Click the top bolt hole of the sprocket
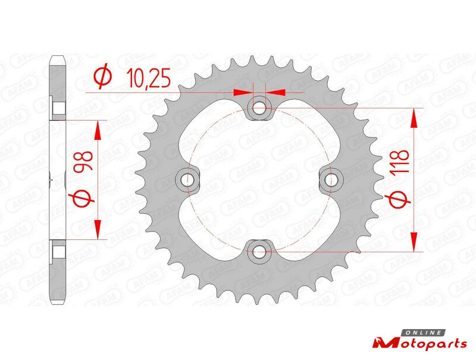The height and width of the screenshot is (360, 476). (x=259, y=108)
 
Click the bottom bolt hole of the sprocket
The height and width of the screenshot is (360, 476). (x=259, y=251)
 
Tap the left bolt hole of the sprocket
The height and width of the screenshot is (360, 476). (x=187, y=180)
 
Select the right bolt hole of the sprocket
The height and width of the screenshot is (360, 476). (x=331, y=180)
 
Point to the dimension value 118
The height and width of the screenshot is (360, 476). (x=399, y=162)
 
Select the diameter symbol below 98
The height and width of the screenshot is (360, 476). (x=83, y=198)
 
